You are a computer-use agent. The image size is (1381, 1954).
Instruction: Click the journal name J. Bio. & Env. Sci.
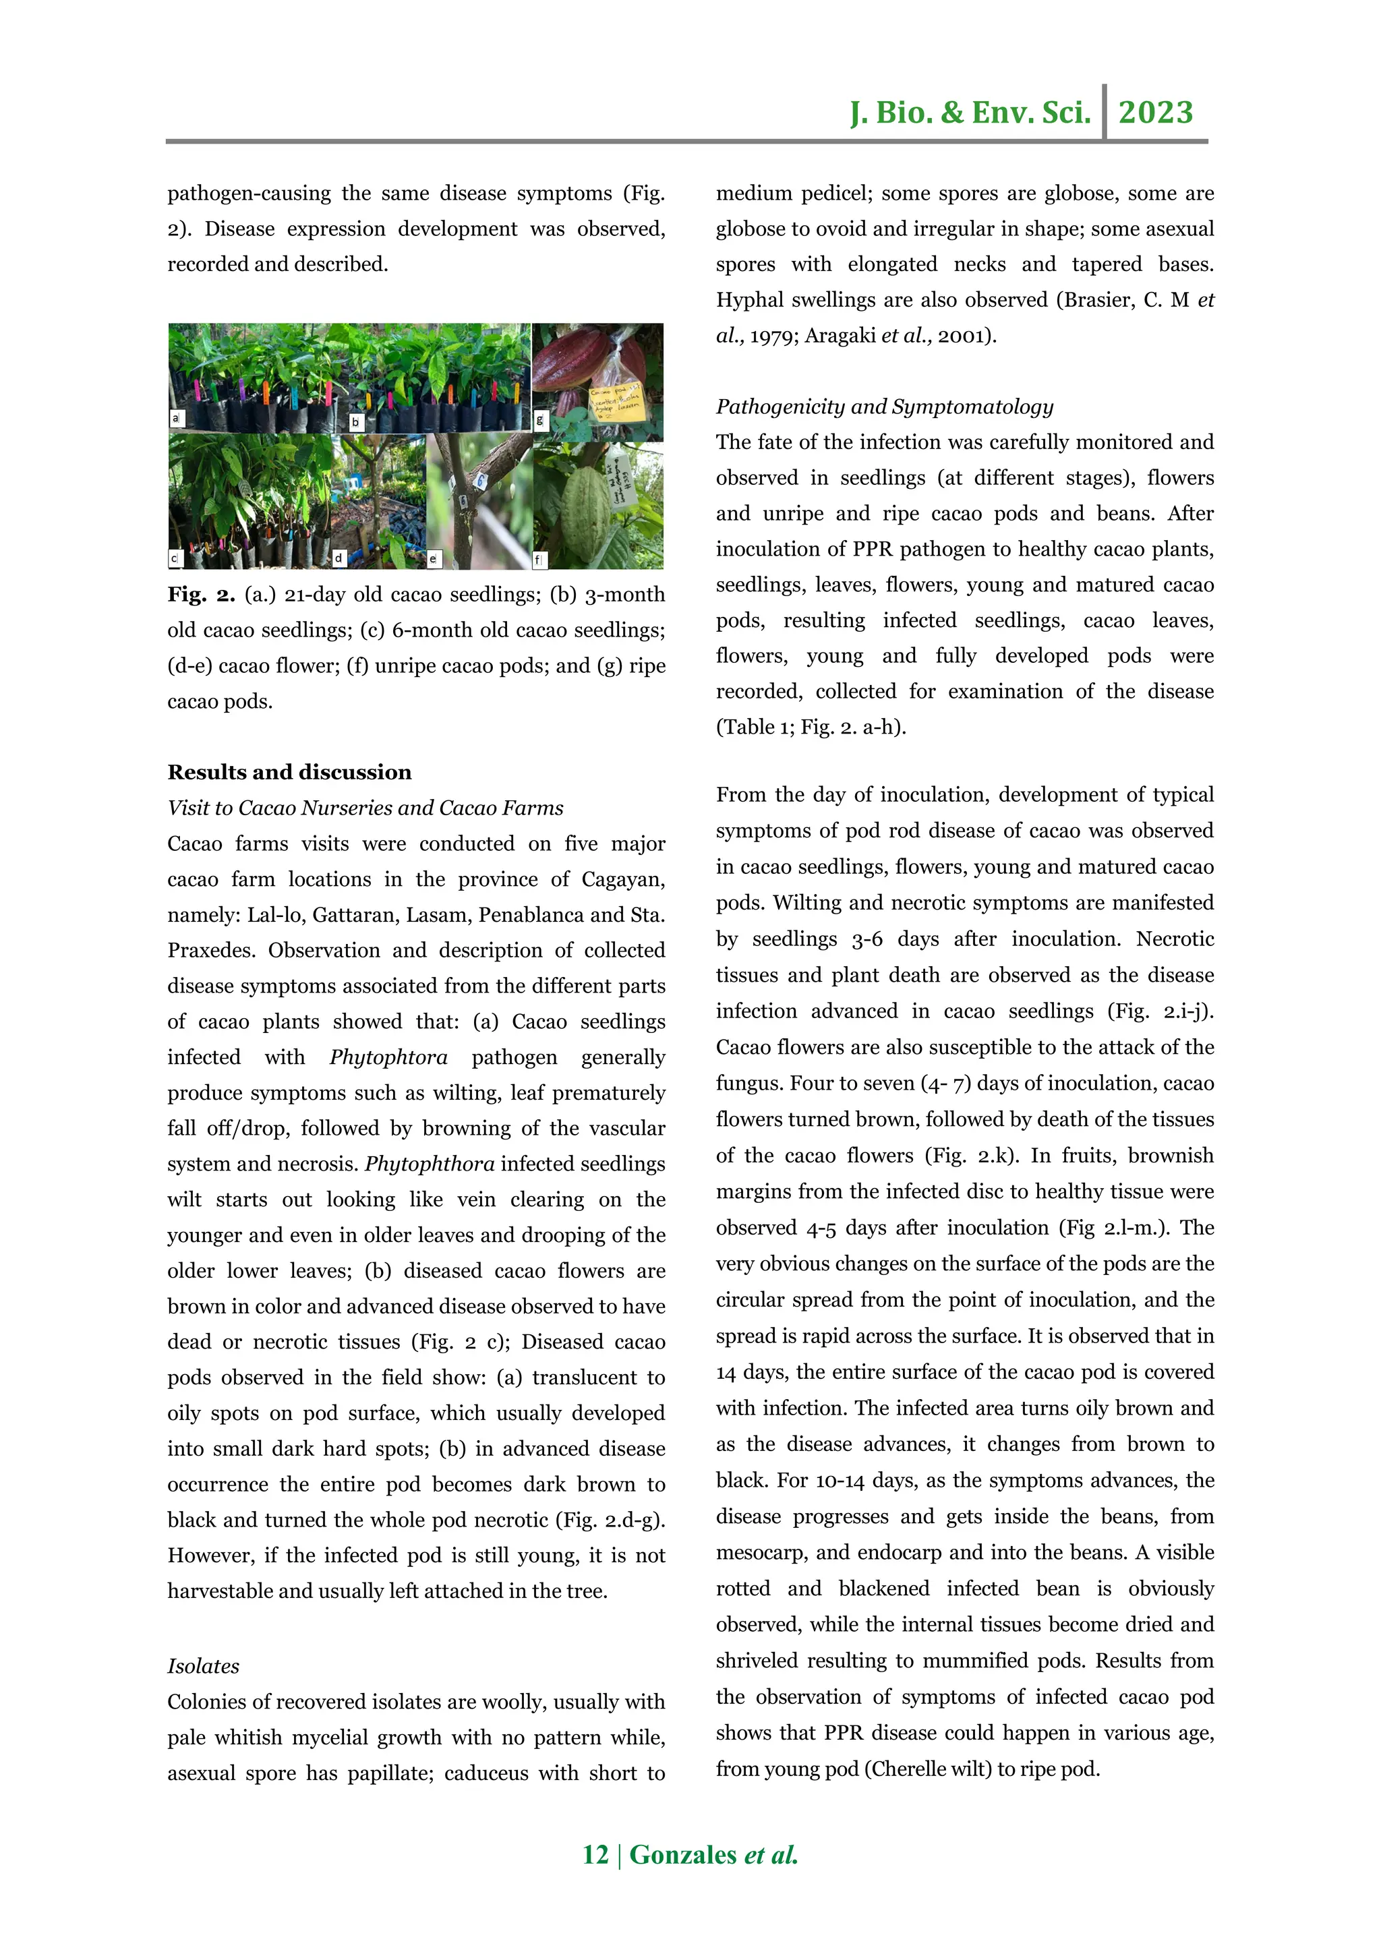click(970, 113)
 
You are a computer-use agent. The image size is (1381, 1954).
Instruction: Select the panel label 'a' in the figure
click(176, 418)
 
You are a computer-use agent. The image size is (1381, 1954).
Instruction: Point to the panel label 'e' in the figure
click(433, 559)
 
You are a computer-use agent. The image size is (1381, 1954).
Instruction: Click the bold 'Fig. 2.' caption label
click(201, 594)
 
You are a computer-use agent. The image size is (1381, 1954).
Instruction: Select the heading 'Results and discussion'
click(289, 772)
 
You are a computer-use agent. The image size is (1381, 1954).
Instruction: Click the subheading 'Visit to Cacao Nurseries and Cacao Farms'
click(365, 808)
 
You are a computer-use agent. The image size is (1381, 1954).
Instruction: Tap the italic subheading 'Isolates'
click(204, 1665)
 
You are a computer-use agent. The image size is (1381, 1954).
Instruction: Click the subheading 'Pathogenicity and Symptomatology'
click(884, 406)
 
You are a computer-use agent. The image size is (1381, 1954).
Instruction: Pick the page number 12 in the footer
click(595, 1854)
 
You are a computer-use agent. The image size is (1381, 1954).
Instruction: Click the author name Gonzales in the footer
click(682, 1854)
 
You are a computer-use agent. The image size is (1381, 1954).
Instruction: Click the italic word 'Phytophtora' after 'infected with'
click(388, 1057)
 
